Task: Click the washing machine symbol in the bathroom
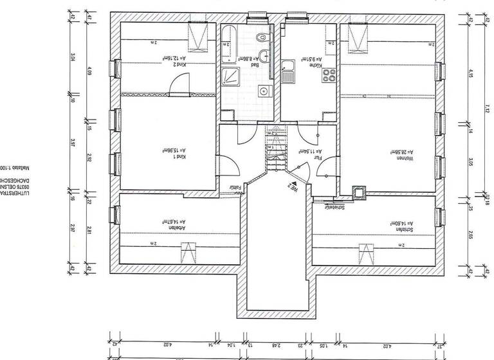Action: (x=262, y=91)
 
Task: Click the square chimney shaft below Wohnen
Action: (x=358, y=192)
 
